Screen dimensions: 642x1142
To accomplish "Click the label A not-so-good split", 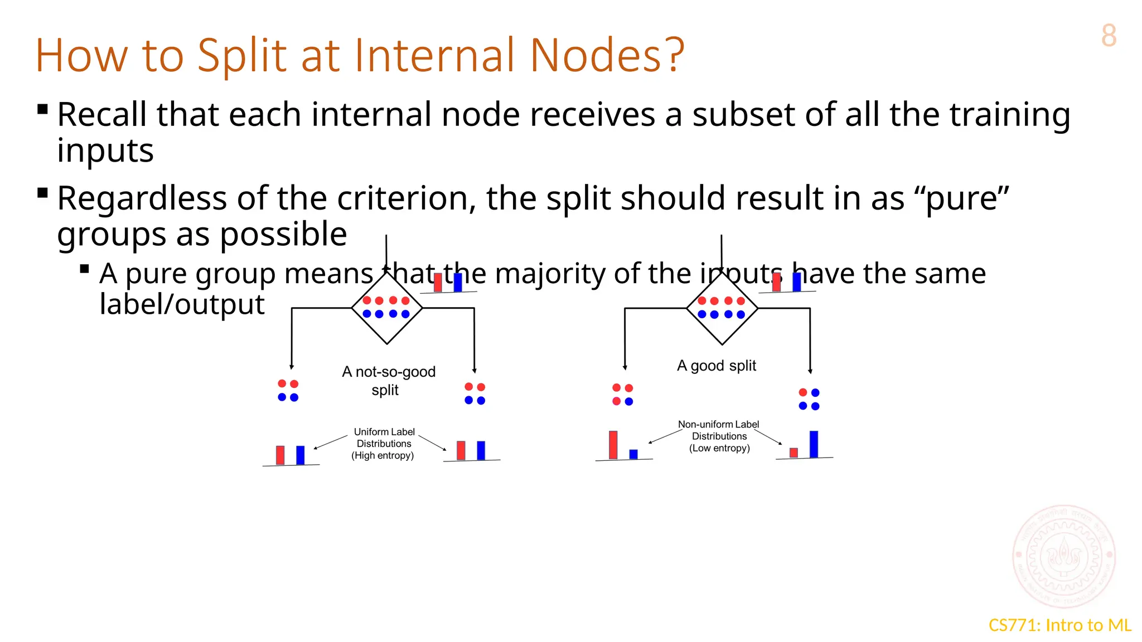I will click(x=388, y=380).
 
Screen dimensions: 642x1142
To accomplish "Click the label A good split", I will click(x=717, y=366).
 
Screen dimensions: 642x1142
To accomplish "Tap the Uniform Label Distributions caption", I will click(x=384, y=444).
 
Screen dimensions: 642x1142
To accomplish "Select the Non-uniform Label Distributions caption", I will click(x=719, y=436).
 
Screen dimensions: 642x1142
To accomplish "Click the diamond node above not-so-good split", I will click(x=387, y=308).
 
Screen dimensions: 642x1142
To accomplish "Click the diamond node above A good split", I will click(x=722, y=308).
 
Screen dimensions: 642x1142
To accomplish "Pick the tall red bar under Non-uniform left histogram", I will click(x=613, y=445).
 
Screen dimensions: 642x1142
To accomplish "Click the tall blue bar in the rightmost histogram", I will click(x=814, y=444).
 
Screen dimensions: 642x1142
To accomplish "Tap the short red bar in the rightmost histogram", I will click(x=793, y=453).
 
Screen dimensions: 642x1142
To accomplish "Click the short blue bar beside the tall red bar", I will click(x=633, y=454).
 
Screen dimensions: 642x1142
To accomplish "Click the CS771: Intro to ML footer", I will click(x=1059, y=625).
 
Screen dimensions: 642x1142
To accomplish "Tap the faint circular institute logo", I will click(x=1064, y=556).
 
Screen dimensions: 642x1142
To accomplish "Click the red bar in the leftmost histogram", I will click(x=280, y=455).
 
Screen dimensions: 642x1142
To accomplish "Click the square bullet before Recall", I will click(x=42, y=109).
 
